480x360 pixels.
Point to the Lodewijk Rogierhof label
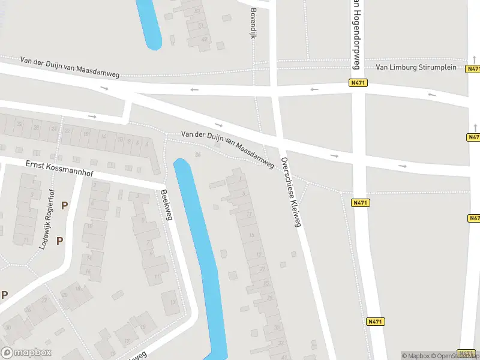pyautogui.click(x=48, y=218)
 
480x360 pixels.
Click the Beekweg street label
pyautogui.click(x=166, y=205)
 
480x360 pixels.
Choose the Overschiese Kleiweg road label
pyautogui.click(x=290, y=193)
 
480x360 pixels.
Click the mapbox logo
pyautogui.click(x=26, y=353)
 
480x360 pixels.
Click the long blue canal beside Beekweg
pyautogui.click(x=200, y=252)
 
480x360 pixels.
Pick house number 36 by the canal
pyautogui.click(x=198, y=155)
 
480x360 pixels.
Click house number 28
pyautogui.click(x=36, y=128)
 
